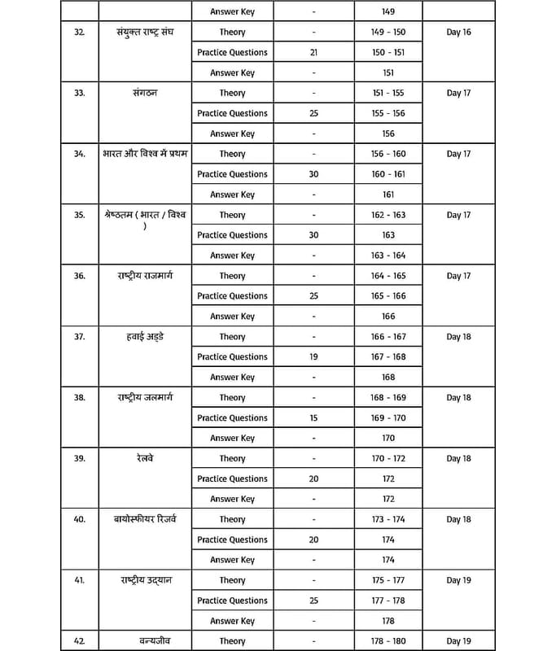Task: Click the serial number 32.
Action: [x=79, y=33]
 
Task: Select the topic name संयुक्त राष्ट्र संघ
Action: [x=146, y=32]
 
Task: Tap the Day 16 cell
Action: [x=459, y=33]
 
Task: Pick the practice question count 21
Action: [x=313, y=53]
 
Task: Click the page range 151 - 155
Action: [x=387, y=94]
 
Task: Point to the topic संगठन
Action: [x=146, y=93]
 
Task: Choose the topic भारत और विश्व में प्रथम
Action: [x=146, y=154]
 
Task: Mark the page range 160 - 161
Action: [x=387, y=174]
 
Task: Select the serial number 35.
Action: [x=79, y=215]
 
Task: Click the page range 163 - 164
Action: [x=387, y=256]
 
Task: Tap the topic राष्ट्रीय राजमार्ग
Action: [x=146, y=276]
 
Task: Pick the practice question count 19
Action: [x=313, y=357]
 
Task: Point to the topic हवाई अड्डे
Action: [x=146, y=337]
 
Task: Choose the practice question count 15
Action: [x=313, y=418]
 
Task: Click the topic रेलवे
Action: [x=146, y=458]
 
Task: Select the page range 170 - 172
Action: [x=387, y=459]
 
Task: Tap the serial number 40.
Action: [x=79, y=519]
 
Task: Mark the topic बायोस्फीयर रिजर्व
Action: [x=146, y=519]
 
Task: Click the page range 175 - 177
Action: [x=387, y=580]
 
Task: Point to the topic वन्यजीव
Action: [x=146, y=640]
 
